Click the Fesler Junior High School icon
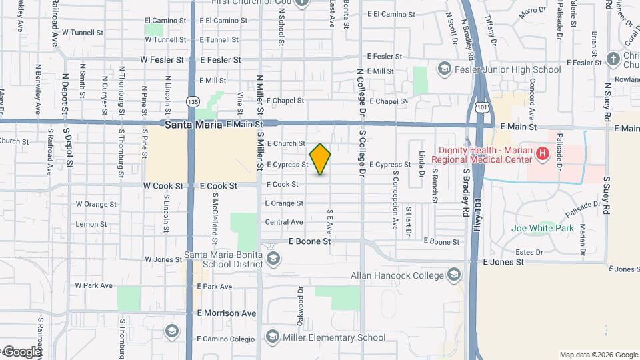[x=444, y=69]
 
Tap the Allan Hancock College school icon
[x=454, y=275]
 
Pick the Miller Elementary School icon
[x=272, y=337]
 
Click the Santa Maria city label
[x=194, y=125]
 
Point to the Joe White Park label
[x=542, y=228]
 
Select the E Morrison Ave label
[x=226, y=313]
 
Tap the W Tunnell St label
[x=82, y=31]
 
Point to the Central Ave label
[x=284, y=222]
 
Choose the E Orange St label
[x=284, y=203]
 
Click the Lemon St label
[x=87, y=224]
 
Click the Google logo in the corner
[x=22, y=351]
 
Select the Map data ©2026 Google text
[x=598, y=355]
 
